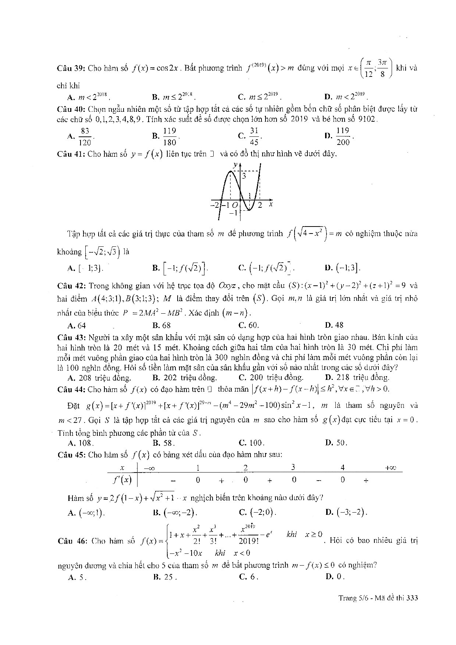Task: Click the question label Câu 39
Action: pyautogui.click(x=71, y=68)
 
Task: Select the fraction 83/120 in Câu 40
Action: pyautogui.click(x=85, y=136)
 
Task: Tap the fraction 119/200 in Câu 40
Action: pyautogui.click(x=343, y=136)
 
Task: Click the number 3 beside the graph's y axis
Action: pyautogui.click(x=244, y=177)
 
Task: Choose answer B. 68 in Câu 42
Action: pyautogui.click(x=161, y=325)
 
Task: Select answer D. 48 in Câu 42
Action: pyautogui.click(x=334, y=325)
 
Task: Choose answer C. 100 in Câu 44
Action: pyautogui.click(x=252, y=443)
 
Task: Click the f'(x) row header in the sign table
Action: pyautogui.click(x=122, y=480)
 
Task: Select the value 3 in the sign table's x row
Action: pyautogui.click(x=293, y=468)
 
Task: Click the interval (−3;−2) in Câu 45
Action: pyautogui.click(x=347, y=512)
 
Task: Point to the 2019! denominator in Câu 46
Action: pyautogui.click(x=249, y=541)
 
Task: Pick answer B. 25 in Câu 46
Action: pyautogui.click(x=165, y=577)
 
